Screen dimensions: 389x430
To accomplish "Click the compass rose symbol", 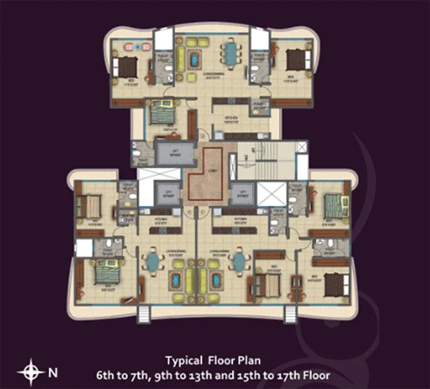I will (31, 370).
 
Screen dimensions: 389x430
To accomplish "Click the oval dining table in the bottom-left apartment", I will (154, 261).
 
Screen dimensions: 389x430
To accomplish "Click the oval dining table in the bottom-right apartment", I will (239, 261).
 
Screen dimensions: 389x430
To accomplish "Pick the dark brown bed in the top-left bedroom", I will (126, 66).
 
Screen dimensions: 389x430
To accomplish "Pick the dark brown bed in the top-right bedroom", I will (296, 60).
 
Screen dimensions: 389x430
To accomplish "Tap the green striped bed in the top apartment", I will (162, 113).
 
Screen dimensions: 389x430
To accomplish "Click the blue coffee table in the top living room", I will (195, 60).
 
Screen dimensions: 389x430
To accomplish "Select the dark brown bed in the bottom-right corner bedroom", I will (334, 283).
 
